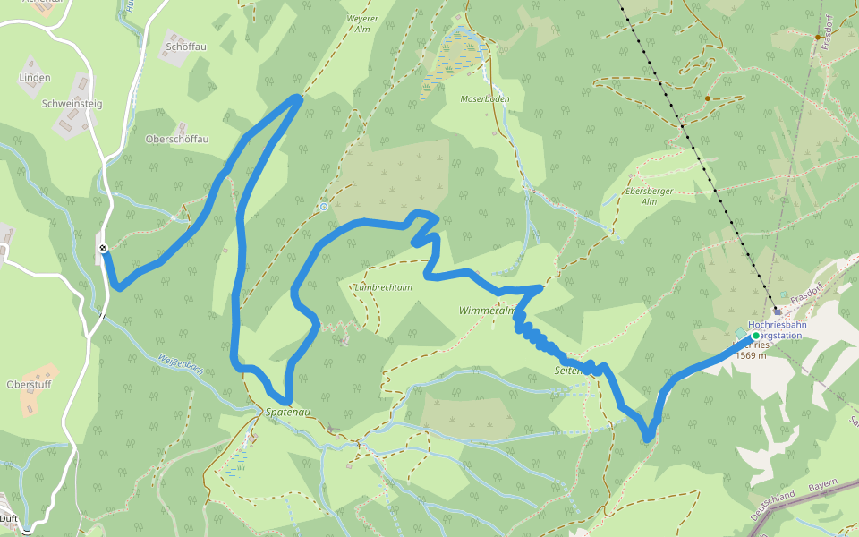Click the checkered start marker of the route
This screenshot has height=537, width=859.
pos(104,249)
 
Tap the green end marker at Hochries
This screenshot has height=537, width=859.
pos(755,336)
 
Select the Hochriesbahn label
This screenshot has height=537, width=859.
pos(777,325)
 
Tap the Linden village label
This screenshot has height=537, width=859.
pos(35,78)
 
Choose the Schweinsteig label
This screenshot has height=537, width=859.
pos(72,104)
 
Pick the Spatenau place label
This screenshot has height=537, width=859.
pos(289,413)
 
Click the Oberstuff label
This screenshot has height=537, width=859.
pos(30,385)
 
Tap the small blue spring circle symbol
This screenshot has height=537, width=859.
pos(324,207)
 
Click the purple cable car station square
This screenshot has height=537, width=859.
pos(778,312)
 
